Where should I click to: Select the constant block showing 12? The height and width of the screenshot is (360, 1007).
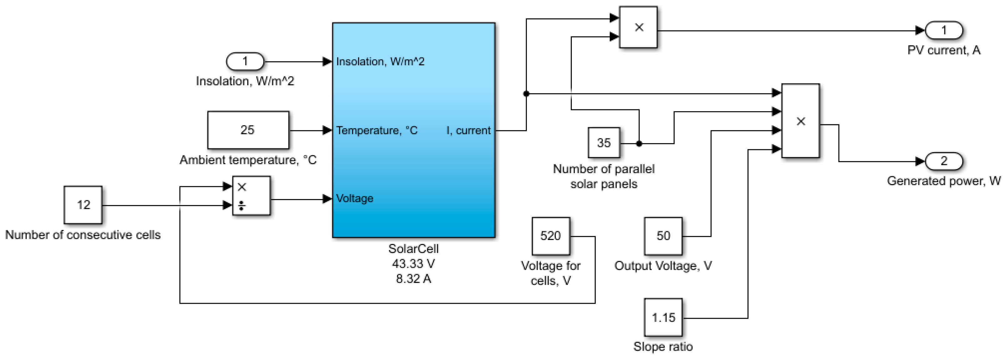point(83,205)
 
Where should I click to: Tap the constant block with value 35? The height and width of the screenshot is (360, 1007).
point(604,143)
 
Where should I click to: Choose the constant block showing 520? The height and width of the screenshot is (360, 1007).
point(551,236)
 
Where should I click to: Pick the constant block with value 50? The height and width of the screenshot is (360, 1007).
point(663,236)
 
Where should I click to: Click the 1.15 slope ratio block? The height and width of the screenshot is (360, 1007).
point(663,317)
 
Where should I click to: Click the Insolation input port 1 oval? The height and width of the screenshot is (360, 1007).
point(245,61)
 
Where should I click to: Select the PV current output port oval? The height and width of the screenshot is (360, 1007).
point(944,31)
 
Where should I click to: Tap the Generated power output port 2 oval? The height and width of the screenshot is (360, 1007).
point(944,161)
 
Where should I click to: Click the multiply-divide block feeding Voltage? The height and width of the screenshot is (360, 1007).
point(251,196)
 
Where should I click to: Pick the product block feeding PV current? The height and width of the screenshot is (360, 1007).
point(638,27)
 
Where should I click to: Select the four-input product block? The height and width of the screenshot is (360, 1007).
point(800,121)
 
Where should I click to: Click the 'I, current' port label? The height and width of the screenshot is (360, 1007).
point(468,131)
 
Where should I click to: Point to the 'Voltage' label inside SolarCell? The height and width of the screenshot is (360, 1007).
point(355,198)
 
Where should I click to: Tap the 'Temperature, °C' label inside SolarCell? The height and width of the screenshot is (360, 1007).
point(376,131)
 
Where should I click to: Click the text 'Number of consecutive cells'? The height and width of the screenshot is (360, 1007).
point(83,235)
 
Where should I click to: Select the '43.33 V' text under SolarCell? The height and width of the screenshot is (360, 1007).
point(413,264)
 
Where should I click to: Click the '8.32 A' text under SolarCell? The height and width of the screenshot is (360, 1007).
point(413,279)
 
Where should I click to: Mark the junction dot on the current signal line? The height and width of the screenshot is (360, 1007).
point(526,94)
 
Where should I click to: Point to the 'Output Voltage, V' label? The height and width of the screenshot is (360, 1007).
point(663,266)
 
